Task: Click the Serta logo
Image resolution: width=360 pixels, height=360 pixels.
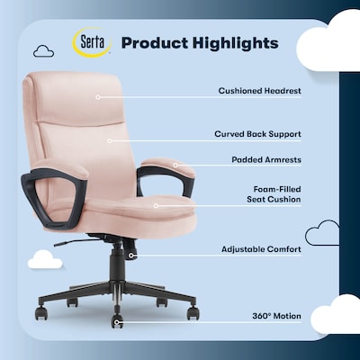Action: pyautogui.click(x=91, y=42)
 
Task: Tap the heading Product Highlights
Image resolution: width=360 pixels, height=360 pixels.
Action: pyautogui.click(x=199, y=42)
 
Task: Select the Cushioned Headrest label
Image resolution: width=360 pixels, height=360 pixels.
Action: pyautogui.click(x=259, y=91)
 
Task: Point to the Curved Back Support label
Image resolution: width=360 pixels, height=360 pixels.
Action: pyautogui.click(x=257, y=134)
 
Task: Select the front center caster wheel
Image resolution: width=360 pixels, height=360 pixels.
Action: pyautogui.click(x=118, y=320)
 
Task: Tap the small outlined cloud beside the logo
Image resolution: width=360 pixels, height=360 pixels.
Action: pyautogui.click(x=42, y=52)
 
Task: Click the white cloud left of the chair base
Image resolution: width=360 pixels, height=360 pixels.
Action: pyautogui.click(x=45, y=260)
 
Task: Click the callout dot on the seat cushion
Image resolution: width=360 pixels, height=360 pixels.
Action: pyautogui.click(x=156, y=204)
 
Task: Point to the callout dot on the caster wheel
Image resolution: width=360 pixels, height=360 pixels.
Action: pyautogui.click(x=116, y=316)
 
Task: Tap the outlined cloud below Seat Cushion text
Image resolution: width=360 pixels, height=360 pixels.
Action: pyautogui.click(x=321, y=235)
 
